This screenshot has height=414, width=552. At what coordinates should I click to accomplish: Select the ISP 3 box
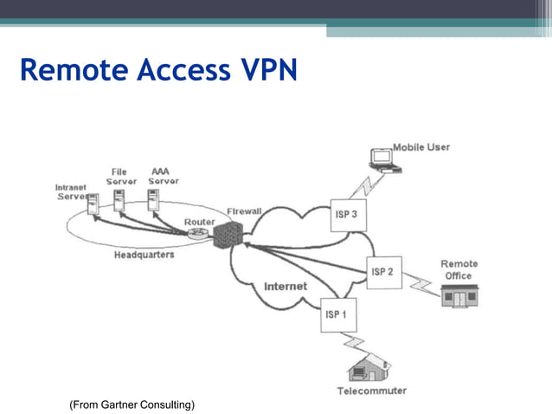coord(346,215)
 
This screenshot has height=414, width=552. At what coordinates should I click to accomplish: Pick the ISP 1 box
coord(335,314)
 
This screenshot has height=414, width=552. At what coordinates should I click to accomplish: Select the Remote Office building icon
coord(459,297)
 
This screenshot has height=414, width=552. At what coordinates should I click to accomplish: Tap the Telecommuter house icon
coord(364,372)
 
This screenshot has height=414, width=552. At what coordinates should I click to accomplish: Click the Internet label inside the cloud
coord(285,286)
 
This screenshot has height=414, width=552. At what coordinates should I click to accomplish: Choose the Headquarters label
coord(144,256)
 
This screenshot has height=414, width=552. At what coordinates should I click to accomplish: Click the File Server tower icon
coord(119,200)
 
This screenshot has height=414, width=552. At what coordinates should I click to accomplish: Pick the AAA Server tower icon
coord(153,201)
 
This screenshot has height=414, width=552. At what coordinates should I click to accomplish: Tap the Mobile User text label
coord(421,147)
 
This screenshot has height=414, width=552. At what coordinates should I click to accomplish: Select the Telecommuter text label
coord(371,391)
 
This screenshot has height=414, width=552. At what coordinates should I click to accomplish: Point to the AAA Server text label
coord(163,177)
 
